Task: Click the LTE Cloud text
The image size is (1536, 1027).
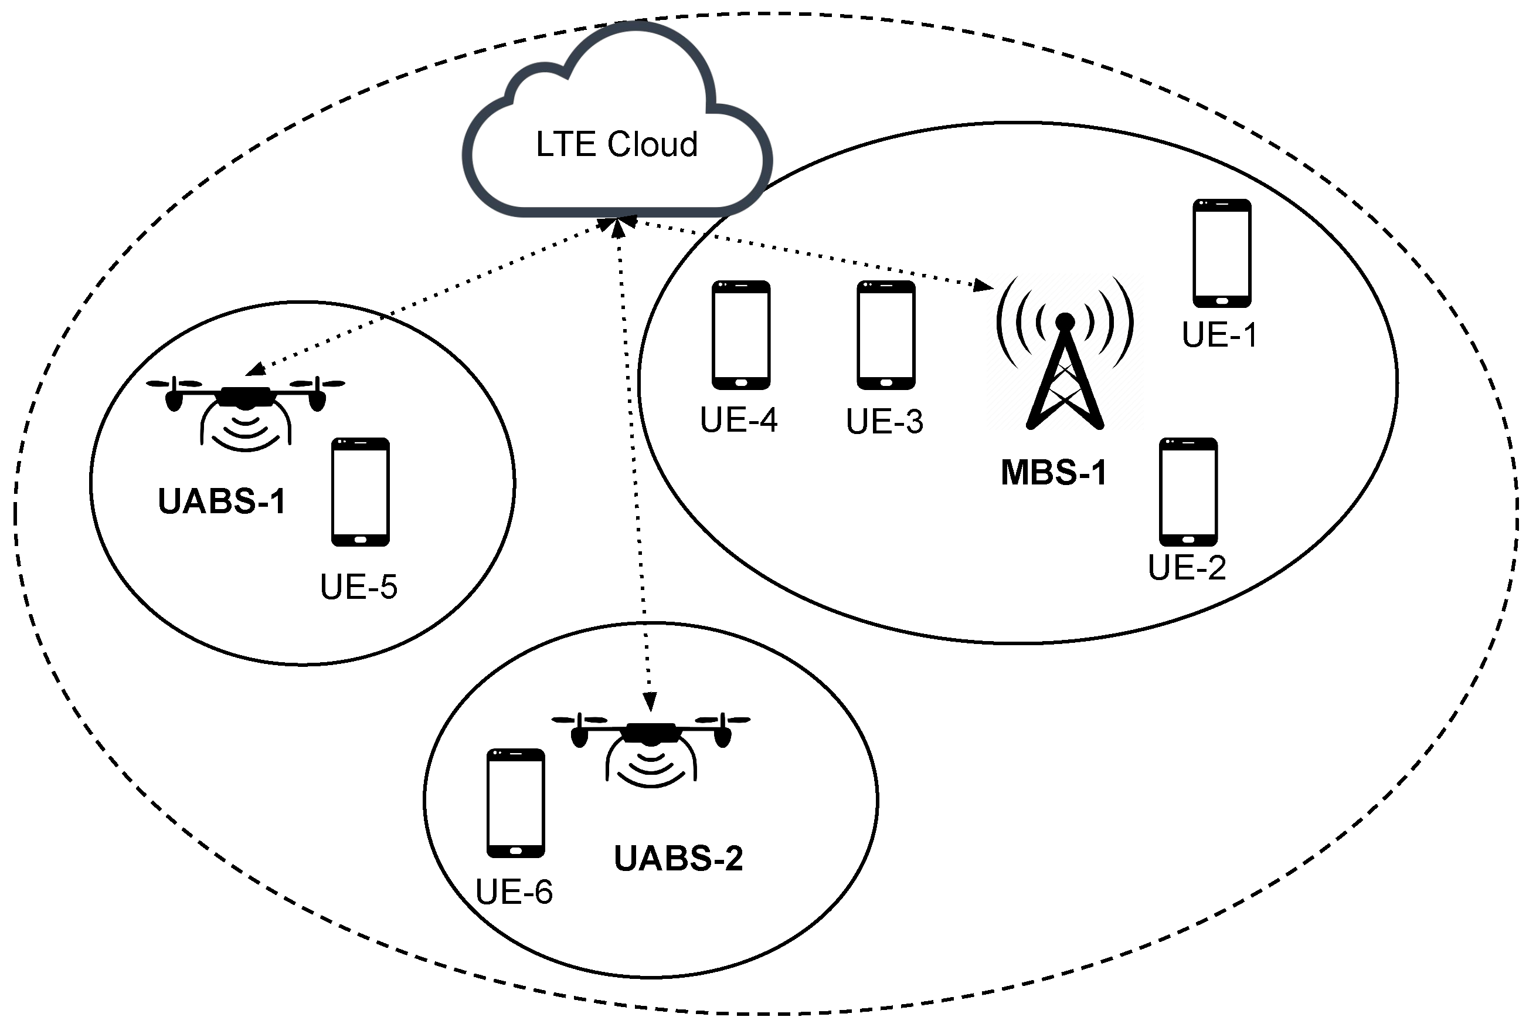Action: click(616, 145)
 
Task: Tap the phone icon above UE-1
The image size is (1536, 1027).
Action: click(1221, 253)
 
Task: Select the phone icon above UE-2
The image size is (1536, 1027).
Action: click(1188, 492)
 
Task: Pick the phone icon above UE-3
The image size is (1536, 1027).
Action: click(885, 335)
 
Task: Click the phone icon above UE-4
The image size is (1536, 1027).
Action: click(740, 335)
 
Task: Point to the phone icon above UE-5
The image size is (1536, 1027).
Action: click(360, 492)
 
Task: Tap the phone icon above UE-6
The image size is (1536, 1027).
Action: click(515, 803)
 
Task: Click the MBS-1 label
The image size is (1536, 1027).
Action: click(1053, 472)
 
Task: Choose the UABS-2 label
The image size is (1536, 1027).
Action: click(678, 858)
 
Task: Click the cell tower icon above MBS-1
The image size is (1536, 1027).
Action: click(1065, 357)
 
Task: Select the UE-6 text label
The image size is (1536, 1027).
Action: click(514, 892)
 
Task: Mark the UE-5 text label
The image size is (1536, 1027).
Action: click(358, 587)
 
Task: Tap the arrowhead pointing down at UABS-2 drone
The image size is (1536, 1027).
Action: click(649, 702)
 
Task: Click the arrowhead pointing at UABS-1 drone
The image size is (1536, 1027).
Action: click(256, 370)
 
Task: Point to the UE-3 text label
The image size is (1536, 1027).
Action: click(884, 421)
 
